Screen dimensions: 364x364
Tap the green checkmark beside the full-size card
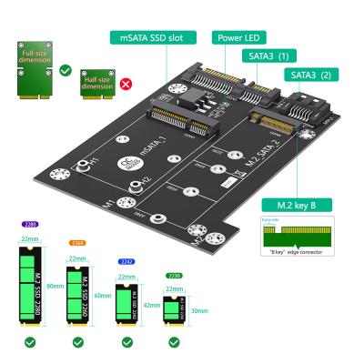65,69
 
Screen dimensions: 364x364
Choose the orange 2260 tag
79,243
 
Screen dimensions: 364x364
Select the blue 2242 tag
127,260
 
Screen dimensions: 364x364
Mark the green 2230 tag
173,275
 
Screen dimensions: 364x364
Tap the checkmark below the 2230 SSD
175,343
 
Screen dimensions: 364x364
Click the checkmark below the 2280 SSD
31,343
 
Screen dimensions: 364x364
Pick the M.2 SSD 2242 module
128,303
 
